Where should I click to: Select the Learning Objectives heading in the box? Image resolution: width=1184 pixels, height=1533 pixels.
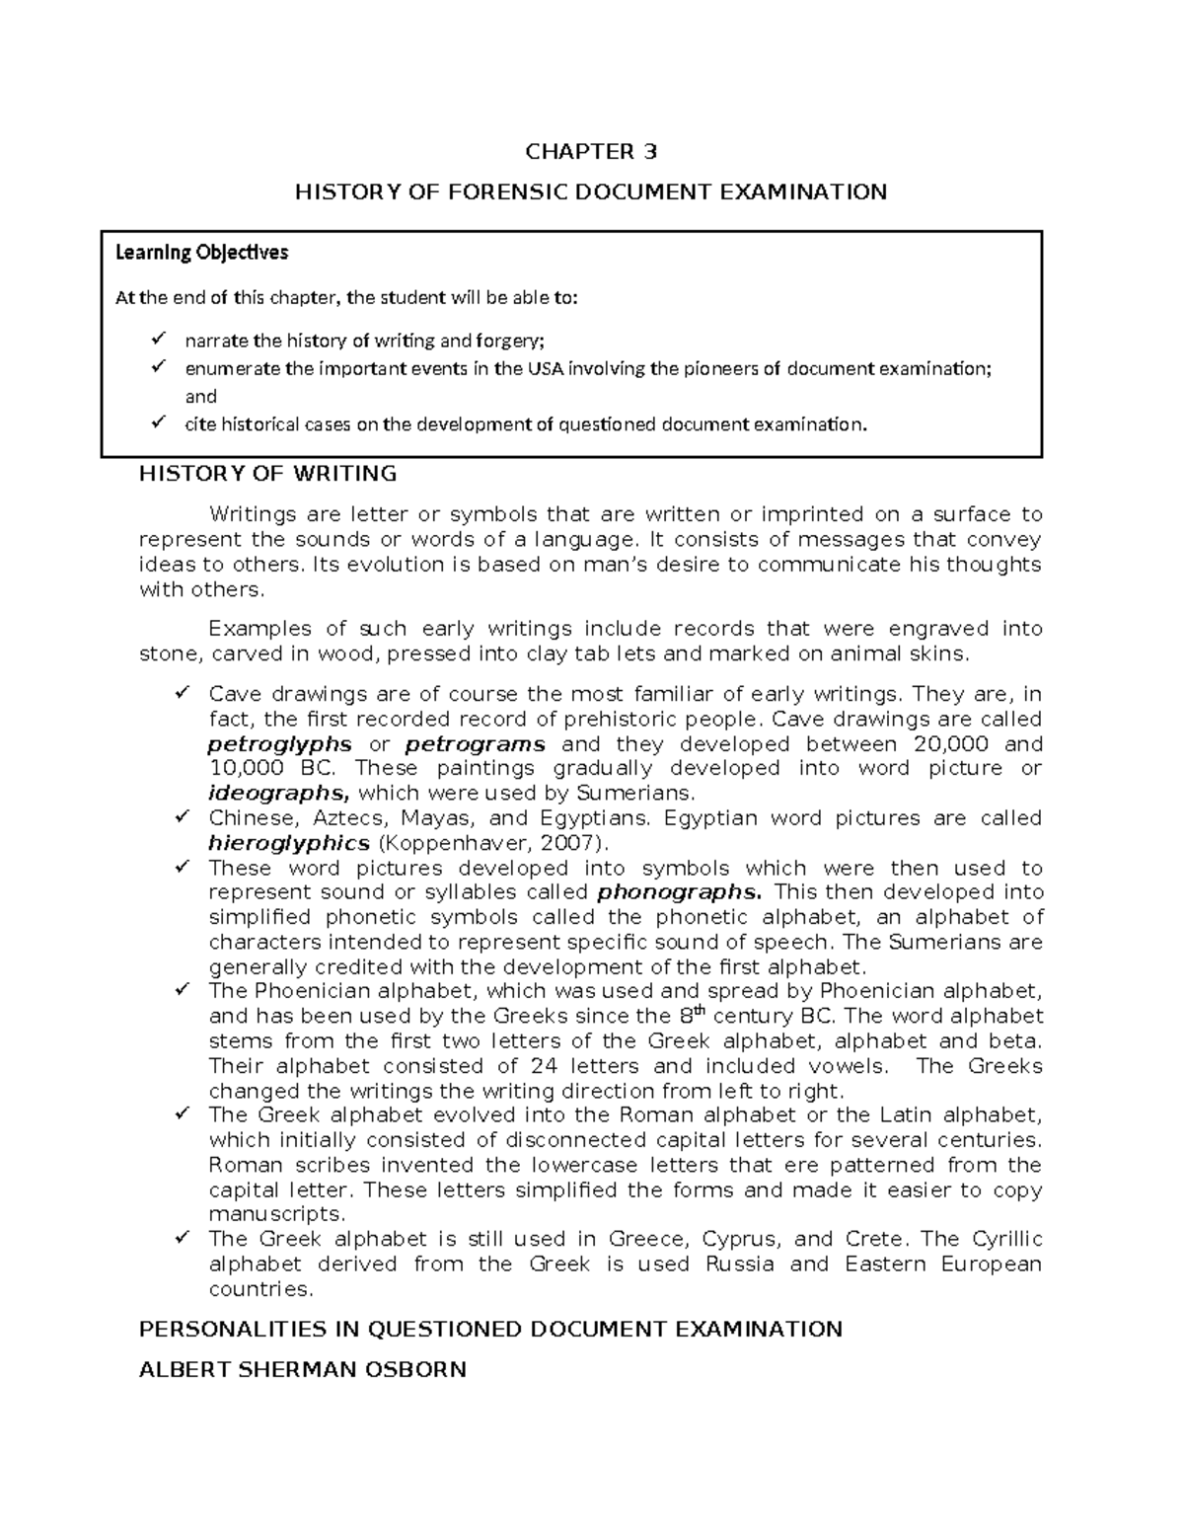click(x=201, y=253)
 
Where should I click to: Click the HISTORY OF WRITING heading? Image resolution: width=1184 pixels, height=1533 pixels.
click(x=267, y=474)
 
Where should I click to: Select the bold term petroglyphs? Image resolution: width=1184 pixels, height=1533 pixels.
click(x=280, y=744)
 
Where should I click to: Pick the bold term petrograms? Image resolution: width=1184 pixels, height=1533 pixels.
click(x=475, y=744)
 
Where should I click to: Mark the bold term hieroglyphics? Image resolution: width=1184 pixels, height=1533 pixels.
click(x=289, y=843)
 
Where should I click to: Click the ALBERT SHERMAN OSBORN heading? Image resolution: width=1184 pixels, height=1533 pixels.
click(x=302, y=1370)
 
